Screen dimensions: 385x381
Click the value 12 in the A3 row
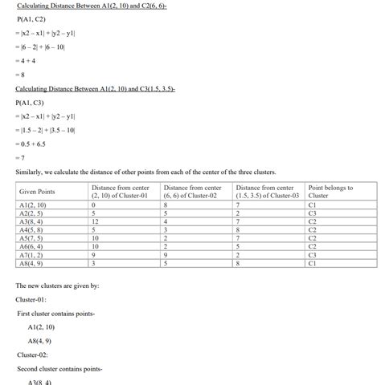click(x=95, y=221)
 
